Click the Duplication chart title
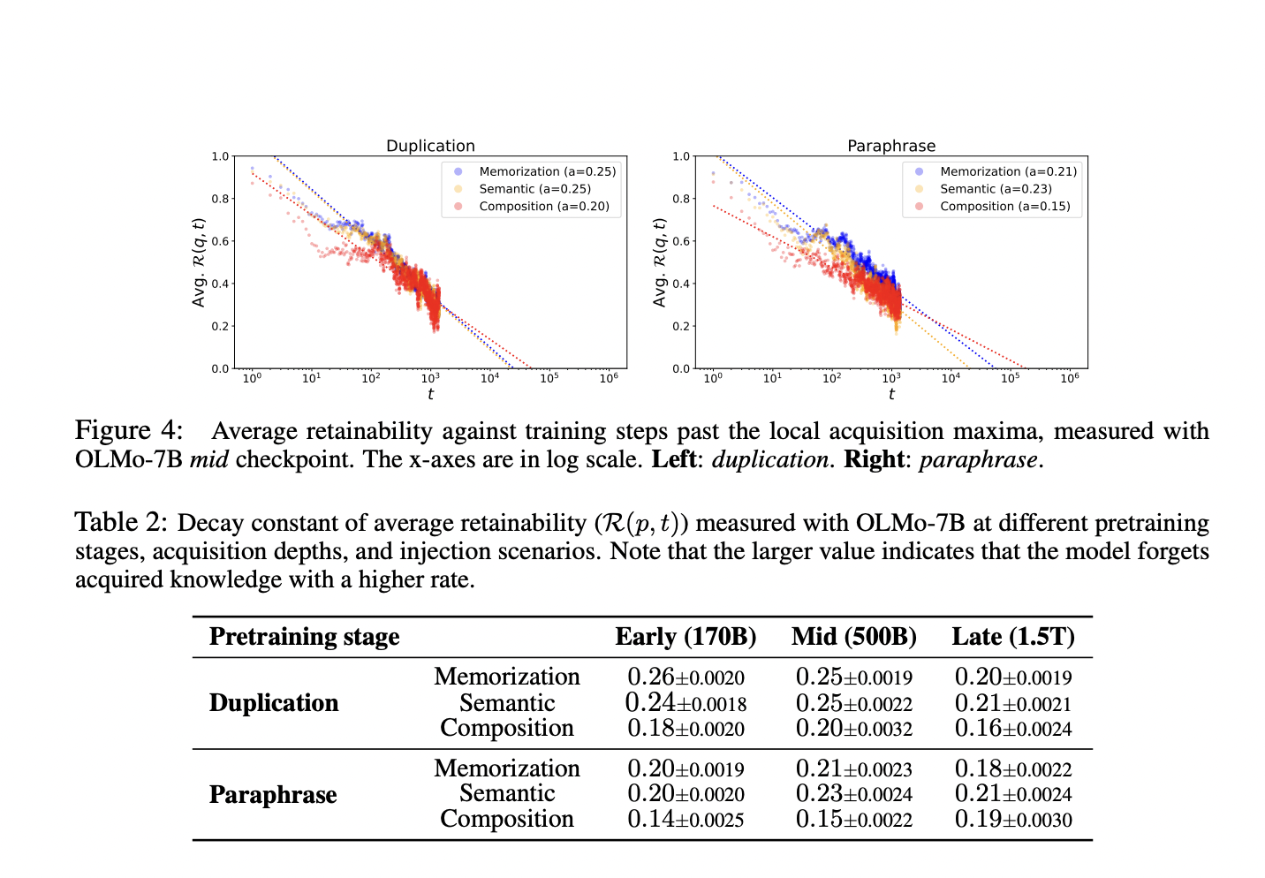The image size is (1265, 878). (x=430, y=146)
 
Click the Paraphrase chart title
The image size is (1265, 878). (x=890, y=146)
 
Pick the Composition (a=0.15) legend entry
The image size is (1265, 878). (x=1004, y=206)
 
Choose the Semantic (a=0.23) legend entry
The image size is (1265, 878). (x=996, y=189)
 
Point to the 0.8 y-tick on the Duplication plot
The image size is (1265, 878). (x=220, y=199)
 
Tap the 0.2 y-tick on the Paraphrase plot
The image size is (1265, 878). (x=681, y=327)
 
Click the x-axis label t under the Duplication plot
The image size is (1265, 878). (x=430, y=394)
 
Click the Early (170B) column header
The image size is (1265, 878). (x=686, y=637)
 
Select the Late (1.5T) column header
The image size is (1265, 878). (x=1013, y=637)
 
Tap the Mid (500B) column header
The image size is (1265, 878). (x=853, y=637)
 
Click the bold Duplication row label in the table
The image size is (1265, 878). (x=274, y=703)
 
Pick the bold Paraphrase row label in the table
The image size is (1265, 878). (x=273, y=795)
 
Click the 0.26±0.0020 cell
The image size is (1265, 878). (x=686, y=677)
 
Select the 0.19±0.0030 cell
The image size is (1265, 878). (x=1013, y=820)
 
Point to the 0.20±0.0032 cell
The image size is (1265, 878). (x=853, y=729)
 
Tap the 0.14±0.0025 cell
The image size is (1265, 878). (x=686, y=820)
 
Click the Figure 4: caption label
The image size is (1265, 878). (x=129, y=431)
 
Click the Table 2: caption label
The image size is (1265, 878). (x=120, y=523)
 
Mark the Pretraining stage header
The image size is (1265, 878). (x=304, y=637)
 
